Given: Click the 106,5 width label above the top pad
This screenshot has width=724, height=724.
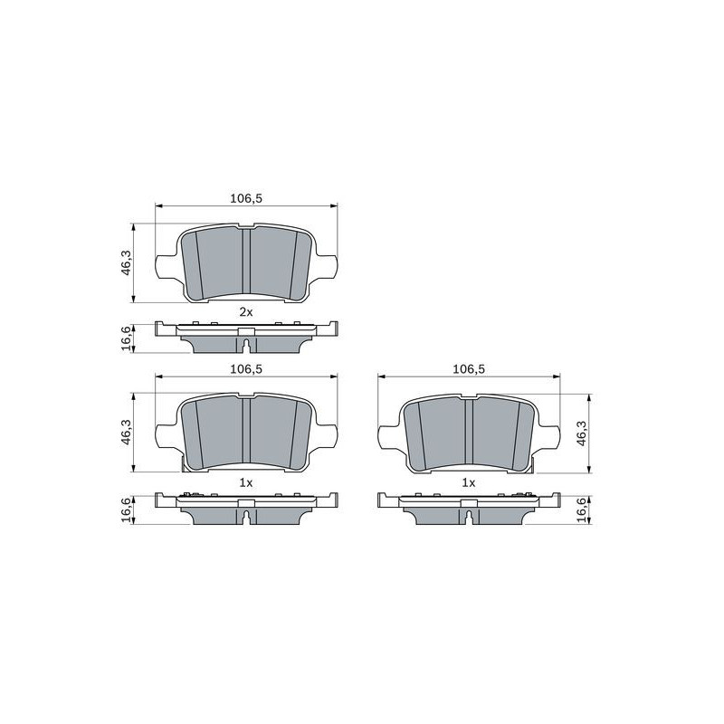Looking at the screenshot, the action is [246, 198].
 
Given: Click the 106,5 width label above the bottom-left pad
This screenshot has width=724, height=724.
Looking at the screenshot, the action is [246, 369].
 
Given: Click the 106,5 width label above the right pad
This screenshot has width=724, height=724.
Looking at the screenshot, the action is [469, 369].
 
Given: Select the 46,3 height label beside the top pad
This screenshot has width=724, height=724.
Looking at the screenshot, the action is [126, 262].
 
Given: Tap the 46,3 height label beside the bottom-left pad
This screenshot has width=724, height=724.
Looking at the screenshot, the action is [126, 433].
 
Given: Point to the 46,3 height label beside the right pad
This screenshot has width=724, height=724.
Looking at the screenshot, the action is [582, 433].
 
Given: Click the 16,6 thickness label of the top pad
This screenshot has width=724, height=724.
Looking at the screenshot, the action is [126, 338].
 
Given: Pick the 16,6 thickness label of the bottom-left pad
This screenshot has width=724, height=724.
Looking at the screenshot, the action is [126, 510].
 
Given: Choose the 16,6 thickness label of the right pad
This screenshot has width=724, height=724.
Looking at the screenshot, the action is [582, 510].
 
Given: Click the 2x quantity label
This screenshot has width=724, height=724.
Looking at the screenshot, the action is [246, 312].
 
